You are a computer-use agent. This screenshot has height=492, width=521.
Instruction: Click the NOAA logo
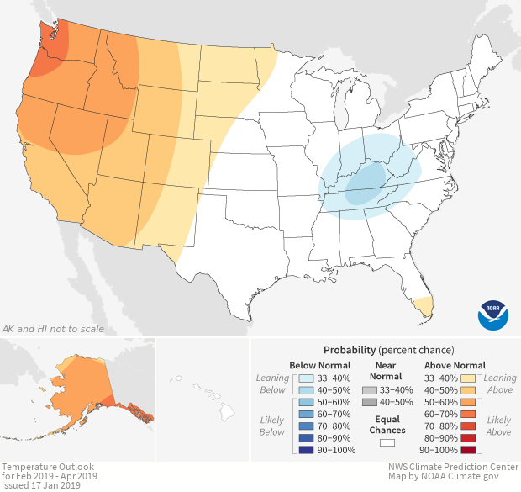[x=492, y=315]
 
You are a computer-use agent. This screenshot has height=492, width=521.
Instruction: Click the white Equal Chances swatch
[x=387, y=441]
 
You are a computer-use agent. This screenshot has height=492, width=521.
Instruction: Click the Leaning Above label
[x=501, y=384]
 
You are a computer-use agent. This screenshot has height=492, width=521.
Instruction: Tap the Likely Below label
[x=272, y=426]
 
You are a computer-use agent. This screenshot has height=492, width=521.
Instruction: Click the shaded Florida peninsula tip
[x=425, y=304]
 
